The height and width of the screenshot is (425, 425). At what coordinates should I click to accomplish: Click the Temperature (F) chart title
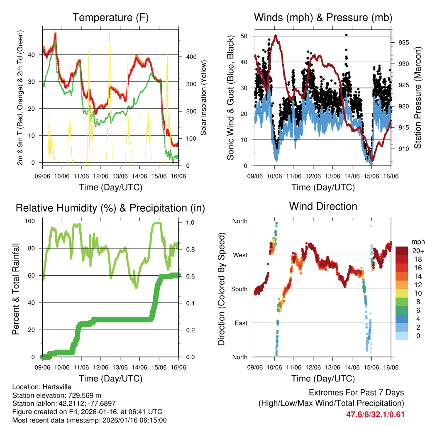click(x=110, y=18)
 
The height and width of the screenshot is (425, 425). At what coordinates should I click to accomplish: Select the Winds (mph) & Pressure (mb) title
click(x=323, y=18)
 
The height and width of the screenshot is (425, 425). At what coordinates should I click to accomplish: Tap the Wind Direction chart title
click(x=323, y=206)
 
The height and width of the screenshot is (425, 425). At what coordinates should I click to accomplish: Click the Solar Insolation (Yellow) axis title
click(x=204, y=98)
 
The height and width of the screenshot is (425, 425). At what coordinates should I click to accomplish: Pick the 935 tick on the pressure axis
click(x=403, y=43)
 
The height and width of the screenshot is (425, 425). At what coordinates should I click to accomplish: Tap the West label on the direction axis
click(x=239, y=255)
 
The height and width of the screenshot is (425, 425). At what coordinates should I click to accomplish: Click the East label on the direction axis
click(x=240, y=323)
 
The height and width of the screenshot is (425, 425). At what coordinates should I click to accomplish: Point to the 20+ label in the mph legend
click(x=418, y=251)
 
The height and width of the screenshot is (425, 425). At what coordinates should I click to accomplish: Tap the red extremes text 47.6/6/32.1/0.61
click(x=375, y=414)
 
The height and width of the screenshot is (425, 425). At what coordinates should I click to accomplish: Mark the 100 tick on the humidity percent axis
click(x=31, y=221)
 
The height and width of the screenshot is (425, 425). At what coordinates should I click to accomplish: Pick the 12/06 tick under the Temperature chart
click(x=101, y=176)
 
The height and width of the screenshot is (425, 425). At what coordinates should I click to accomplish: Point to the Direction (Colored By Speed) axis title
click(x=222, y=289)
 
